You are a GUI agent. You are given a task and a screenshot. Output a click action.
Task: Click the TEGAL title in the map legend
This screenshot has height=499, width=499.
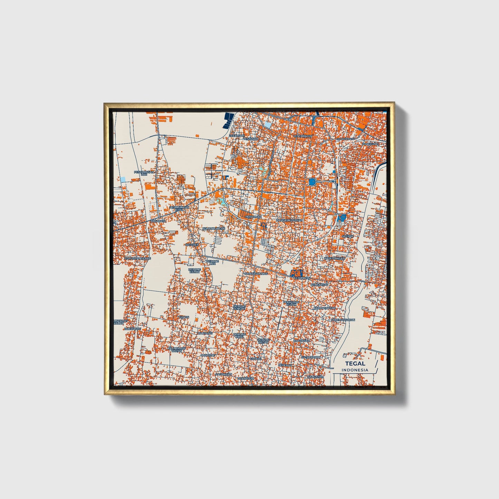coord(355,363)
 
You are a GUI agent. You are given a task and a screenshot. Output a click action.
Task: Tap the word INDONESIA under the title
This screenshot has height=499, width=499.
coord(355,370)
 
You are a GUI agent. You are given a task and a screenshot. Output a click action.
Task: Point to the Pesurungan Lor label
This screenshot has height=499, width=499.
coord(144,173)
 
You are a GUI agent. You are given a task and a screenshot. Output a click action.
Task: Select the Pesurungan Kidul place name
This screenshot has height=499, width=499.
coord(179,208)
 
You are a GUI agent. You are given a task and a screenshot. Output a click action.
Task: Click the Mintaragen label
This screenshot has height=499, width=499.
coord(303,136)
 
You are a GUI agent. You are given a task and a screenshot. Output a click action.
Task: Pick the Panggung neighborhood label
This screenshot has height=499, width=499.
coord(370,143)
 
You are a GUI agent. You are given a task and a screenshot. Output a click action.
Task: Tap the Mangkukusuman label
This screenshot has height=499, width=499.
coord(289,220)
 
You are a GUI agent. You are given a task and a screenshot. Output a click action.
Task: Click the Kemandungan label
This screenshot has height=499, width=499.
coord(214,229)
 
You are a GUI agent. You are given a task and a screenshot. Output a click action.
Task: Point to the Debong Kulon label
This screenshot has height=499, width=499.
coord(194,271)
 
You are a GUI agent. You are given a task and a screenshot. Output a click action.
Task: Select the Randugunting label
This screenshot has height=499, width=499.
coord(256,274)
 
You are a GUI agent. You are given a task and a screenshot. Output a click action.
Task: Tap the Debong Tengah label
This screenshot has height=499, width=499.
coord(239,307)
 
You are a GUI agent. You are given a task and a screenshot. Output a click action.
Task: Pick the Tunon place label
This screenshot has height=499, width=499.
coord(183,317)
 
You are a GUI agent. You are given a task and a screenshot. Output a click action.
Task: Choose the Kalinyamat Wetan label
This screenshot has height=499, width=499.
coord(177,349)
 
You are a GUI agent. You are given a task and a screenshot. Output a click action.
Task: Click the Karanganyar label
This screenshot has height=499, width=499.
coord(324,308)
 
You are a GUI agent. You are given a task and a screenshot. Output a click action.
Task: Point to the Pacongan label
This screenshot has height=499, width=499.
coord(223,374)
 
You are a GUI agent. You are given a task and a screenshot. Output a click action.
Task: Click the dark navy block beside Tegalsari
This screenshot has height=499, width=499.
coord(228,120)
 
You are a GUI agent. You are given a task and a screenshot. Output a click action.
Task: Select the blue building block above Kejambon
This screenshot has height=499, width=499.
coord(297,272)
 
